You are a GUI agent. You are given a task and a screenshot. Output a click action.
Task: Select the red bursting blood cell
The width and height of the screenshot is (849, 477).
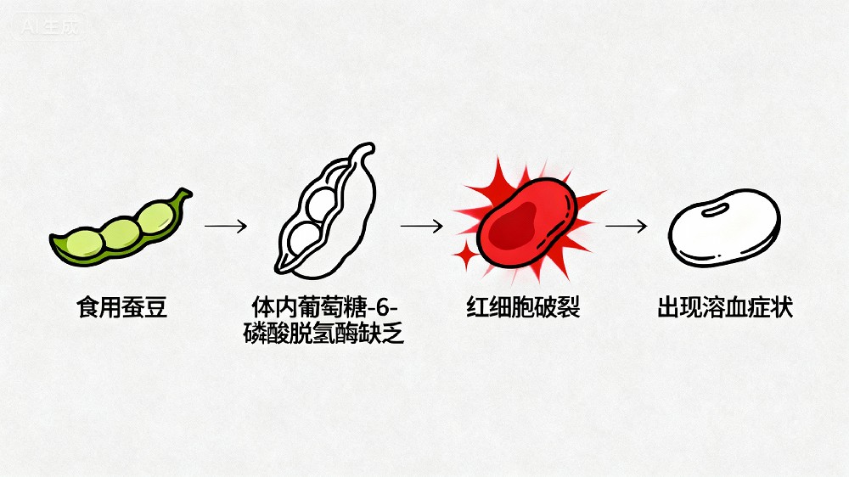coord(526,222)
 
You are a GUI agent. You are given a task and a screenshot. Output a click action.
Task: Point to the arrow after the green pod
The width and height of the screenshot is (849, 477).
coord(225,227)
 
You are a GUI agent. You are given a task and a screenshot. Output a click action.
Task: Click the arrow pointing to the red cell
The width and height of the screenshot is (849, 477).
coord(421,227)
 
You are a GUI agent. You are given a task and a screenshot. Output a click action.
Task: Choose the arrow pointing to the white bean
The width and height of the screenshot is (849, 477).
coord(627,227)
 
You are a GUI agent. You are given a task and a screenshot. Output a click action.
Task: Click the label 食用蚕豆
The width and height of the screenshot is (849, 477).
coord(122,306)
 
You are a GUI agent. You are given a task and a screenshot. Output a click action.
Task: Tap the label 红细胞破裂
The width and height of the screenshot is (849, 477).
coord(523,306)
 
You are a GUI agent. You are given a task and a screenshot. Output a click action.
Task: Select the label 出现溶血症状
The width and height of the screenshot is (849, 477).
coord(725,306)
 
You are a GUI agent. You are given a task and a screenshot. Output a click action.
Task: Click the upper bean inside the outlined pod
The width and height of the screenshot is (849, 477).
coord(323,202)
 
